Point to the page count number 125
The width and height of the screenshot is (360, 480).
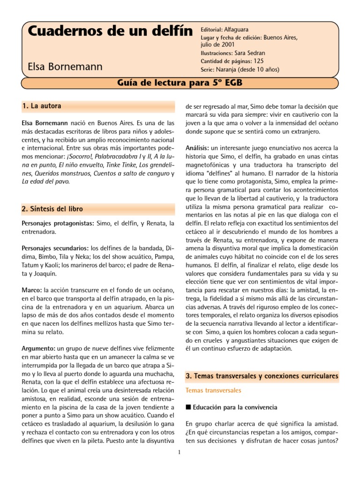click(x=259, y=61)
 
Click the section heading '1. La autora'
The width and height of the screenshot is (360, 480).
click(x=41, y=106)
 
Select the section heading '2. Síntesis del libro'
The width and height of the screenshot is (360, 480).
click(x=52, y=208)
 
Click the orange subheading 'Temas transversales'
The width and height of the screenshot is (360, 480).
click(x=213, y=390)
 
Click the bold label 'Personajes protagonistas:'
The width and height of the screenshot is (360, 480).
click(x=58, y=224)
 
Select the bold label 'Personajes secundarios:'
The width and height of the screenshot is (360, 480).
click(x=55, y=248)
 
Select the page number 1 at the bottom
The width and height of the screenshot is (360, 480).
click(x=180, y=453)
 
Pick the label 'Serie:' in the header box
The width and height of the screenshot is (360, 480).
click(x=208, y=69)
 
